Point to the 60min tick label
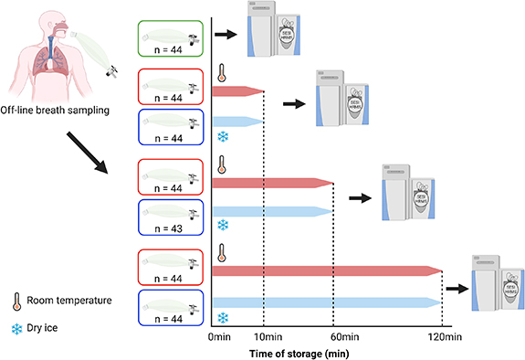point(333,336)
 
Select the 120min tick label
point(442,336)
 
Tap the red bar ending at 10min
point(237,91)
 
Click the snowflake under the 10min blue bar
point(222,137)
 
